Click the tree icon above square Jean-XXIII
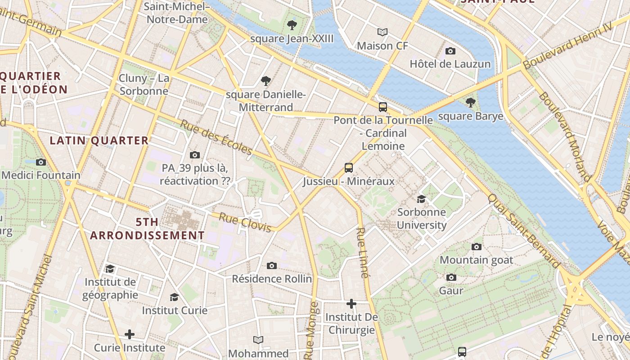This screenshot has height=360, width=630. [292, 25]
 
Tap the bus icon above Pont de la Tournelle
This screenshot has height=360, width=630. [383, 107]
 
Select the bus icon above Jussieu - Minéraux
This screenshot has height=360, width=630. [349, 168]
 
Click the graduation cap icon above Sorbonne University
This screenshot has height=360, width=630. [421, 199]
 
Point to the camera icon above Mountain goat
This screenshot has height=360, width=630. [477, 247]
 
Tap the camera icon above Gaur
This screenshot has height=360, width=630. [451, 277]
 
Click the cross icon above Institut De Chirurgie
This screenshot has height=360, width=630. [351, 304]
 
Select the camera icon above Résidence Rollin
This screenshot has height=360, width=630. [272, 265]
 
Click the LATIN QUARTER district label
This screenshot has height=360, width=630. [99, 140]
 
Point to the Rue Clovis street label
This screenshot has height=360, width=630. [245, 222]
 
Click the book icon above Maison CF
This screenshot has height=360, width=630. [382, 32]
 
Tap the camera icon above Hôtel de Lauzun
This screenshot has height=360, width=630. [450, 51]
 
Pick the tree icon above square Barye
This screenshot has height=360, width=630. [471, 103]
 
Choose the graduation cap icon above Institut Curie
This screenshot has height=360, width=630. [175, 297]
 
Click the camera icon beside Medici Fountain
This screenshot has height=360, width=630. [41, 162]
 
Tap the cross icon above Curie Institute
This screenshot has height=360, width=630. [130, 334]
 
